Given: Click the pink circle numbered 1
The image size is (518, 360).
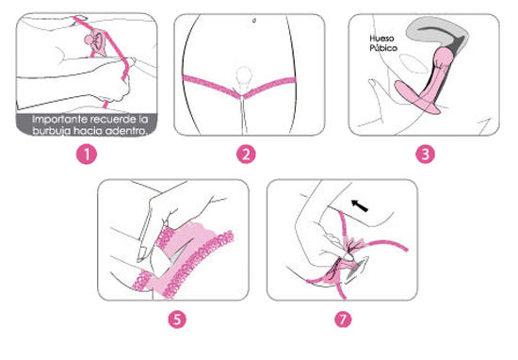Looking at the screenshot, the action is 87,155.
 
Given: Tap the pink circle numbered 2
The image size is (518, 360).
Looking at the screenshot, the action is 246,155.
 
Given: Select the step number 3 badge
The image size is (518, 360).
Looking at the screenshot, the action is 425,155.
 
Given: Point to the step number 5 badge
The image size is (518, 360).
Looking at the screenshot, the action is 177,319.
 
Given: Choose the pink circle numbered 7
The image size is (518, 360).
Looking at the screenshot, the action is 343,319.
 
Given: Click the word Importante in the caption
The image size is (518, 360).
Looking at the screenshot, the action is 59,119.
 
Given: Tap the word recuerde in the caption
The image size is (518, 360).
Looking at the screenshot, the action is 113,119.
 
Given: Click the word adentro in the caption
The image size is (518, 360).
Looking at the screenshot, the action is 125,131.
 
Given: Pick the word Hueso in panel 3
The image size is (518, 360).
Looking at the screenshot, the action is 381,39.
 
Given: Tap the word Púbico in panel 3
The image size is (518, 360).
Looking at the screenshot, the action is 383,48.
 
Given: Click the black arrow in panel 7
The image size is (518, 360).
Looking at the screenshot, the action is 360,205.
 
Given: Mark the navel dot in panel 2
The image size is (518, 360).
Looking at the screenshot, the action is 254,21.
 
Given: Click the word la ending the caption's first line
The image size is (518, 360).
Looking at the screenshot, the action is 143,119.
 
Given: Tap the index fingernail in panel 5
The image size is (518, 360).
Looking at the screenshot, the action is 143,254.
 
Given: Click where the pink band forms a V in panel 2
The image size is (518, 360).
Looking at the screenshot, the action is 242,96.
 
